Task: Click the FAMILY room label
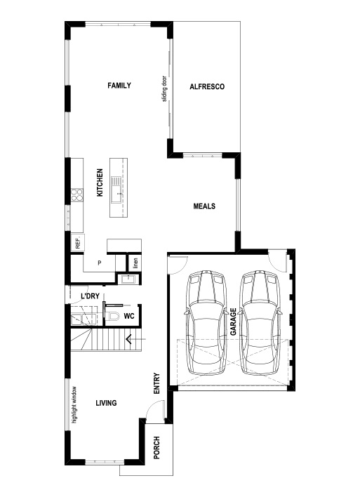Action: click(119, 86)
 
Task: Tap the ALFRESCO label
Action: click(206, 87)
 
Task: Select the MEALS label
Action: click(204, 206)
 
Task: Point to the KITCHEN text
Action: click(100, 183)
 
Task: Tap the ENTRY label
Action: click(157, 382)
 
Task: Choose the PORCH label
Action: click(156, 447)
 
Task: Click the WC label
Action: click(129, 317)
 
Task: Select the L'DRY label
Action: click(89, 297)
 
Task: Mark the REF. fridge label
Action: click(77, 244)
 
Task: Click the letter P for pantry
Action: click(100, 263)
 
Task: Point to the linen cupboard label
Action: click(135, 263)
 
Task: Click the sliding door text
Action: click(164, 88)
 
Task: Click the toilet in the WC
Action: click(112, 317)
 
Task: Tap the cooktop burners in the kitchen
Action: click(76, 192)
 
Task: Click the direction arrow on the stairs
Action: click(130, 340)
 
